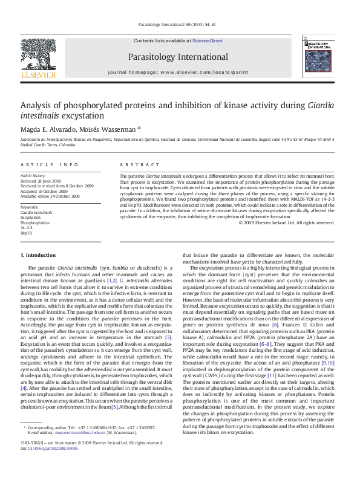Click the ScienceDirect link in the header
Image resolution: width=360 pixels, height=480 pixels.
click(208, 41)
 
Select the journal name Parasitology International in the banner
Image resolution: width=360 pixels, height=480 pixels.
click(177, 57)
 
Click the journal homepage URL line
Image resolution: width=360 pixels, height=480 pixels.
click(177, 71)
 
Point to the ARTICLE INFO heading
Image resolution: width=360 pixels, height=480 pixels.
click(50, 164)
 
